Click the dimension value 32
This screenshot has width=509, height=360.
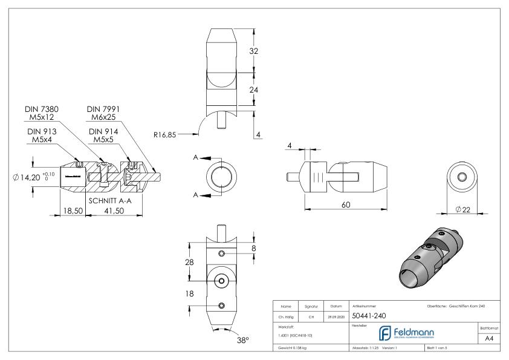point(254,51)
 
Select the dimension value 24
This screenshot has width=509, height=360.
point(254,90)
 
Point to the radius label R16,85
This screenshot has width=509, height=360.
point(164,135)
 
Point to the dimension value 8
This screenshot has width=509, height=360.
point(253,247)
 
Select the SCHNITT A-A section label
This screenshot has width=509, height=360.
point(114,200)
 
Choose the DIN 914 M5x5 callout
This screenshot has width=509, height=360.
point(103,135)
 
